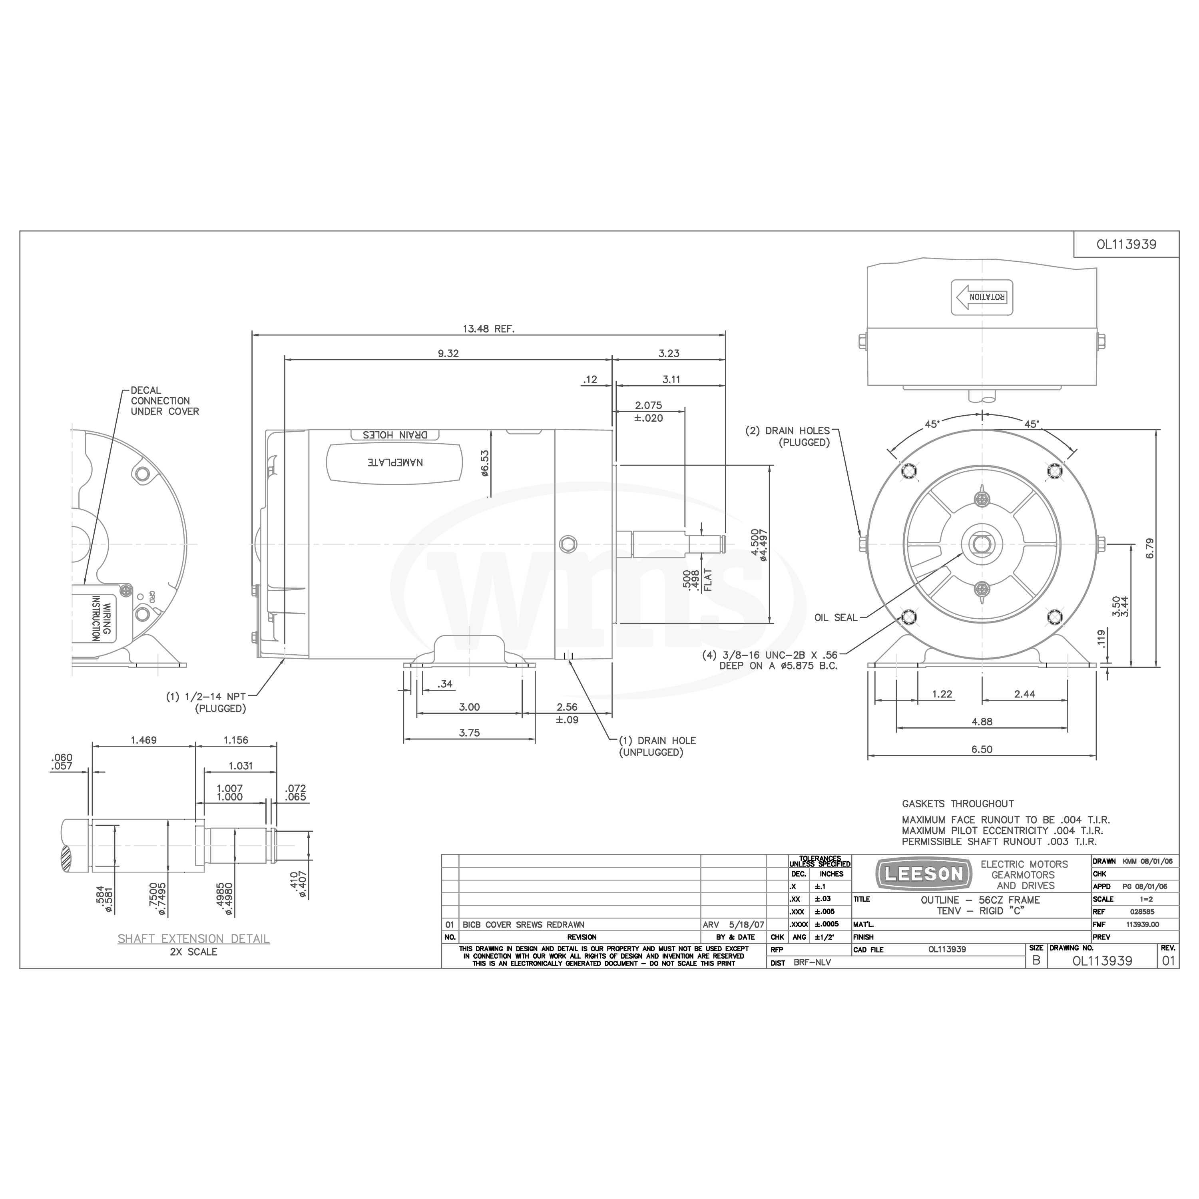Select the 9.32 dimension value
448,353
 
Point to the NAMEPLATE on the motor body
395,462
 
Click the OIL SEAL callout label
836,617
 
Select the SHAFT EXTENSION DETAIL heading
193,938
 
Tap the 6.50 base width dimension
982,749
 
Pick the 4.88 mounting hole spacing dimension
982,721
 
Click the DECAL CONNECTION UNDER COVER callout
164,401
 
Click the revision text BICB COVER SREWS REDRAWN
523,924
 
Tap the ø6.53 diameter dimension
485,463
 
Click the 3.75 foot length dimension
469,732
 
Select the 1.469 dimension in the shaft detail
144,740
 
